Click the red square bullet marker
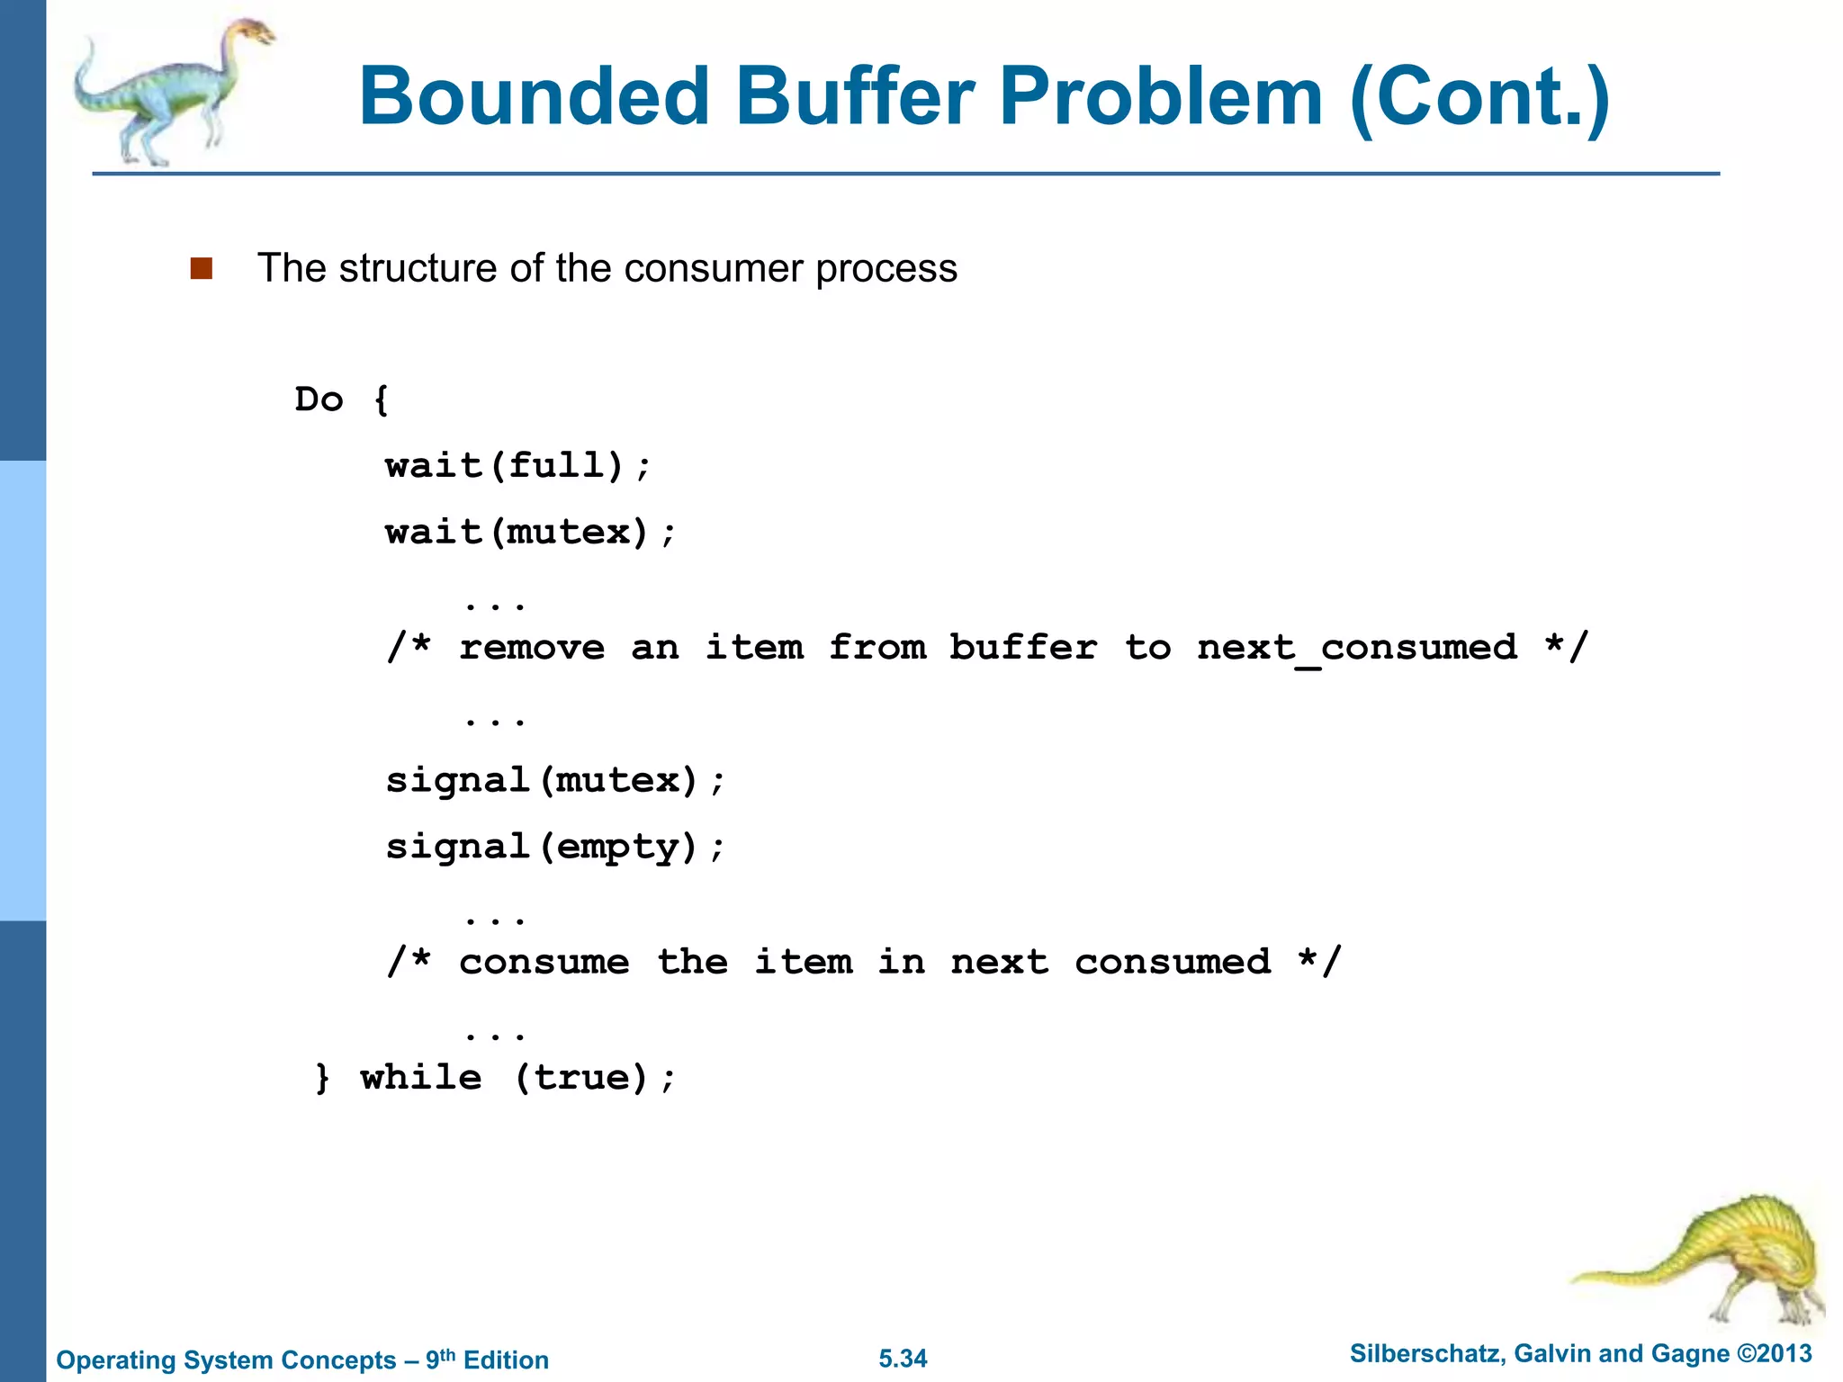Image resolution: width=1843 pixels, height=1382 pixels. pyautogui.click(x=202, y=268)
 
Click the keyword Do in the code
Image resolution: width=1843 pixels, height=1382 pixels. pyautogui.click(x=319, y=399)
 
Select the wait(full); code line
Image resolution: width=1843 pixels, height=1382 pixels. pyautogui.click(x=517, y=466)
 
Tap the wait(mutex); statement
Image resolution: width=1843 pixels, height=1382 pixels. pyautogui.click(x=529, y=533)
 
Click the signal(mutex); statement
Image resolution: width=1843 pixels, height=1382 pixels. pyautogui.click(x=554, y=780)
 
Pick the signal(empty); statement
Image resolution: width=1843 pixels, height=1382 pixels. pyautogui.click(x=554, y=847)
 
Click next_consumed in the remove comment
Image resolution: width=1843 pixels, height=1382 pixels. pyautogui.click(x=1357, y=648)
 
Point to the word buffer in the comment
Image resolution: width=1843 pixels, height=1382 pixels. pyautogui.click(x=1023, y=648)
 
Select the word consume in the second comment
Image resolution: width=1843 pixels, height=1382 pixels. pyautogui.click(x=544, y=963)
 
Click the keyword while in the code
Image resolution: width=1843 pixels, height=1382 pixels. pyautogui.click(x=421, y=1078)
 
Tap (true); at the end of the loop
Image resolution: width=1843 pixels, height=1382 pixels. pyautogui.click(x=595, y=1078)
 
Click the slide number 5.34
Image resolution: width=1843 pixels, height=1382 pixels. pyautogui.click(x=903, y=1359)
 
